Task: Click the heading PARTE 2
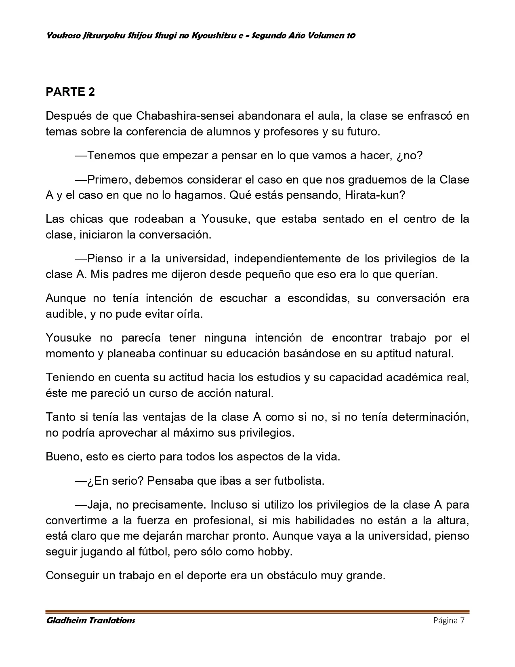(x=70, y=92)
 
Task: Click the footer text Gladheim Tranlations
(x=90, y=620)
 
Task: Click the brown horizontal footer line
(x=257, y=612)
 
